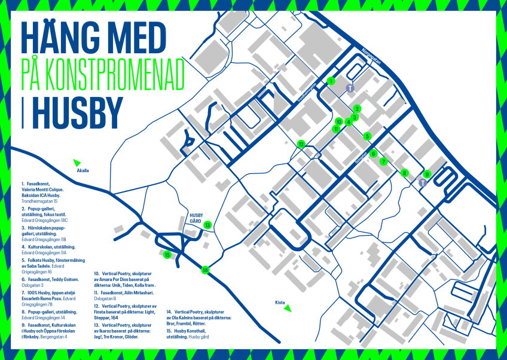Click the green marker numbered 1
331,81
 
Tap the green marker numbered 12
301,144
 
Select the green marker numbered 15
167,255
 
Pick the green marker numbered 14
205,270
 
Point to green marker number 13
207,225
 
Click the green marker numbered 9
426,174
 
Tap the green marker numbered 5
367,136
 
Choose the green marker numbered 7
384,161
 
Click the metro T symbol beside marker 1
351,87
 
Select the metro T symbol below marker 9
423,183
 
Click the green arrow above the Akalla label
77,162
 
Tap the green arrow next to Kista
288,308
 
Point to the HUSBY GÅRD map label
197,217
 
